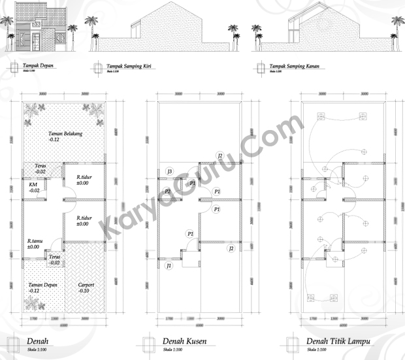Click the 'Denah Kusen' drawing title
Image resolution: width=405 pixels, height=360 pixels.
click(x=180, y=342)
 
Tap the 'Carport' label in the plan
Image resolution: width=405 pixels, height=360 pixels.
click(x=86, y=285)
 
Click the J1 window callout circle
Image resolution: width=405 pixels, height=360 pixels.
click(x=169, y=266)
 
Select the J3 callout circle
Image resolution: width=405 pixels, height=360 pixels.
click(x=169, y=171)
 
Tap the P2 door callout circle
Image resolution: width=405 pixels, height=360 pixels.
click(x=168, y=191)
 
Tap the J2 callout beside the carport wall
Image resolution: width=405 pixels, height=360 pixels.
click(x=231, y=249)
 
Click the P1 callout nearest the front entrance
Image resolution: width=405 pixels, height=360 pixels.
click(x=190, y=233)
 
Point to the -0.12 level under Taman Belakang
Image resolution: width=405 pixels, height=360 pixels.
click(x=54, y=140)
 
